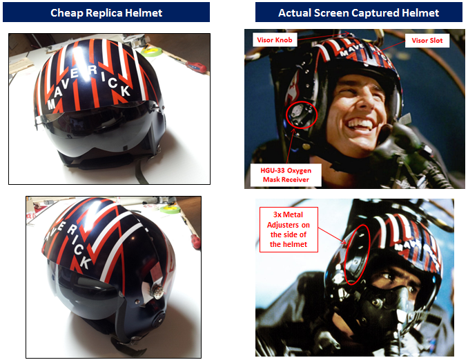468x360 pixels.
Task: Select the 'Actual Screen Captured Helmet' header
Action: [358, 12]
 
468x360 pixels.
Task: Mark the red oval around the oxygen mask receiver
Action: [302, 114]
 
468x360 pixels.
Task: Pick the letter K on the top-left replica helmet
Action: [124, 90]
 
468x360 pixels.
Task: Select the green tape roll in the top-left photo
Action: [151, 51]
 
